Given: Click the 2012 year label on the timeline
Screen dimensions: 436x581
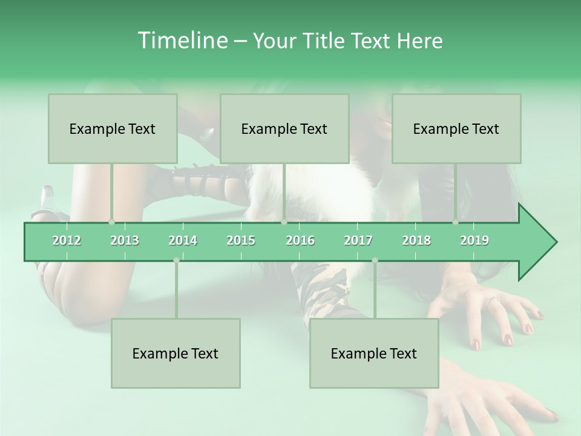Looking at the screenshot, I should tap(67, 240).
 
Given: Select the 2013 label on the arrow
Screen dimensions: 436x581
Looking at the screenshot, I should tap(125, 240).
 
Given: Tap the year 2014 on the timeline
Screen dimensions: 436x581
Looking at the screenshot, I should tap(183, 240).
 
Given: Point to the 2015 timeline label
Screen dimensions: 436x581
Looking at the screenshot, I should tap(241, 240).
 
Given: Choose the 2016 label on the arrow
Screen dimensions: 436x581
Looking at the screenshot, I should tap(300, 240).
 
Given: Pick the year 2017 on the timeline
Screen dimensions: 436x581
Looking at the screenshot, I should tap(358, 240).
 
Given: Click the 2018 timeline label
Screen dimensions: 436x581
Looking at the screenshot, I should tap(416, 240).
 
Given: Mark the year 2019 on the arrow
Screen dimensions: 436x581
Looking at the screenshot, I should tap(474, 240).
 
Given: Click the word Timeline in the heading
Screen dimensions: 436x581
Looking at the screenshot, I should tap(182, 41).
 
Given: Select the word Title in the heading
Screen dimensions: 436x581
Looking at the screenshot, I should tap(324, 41).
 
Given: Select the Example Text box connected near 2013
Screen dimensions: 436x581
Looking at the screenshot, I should tap(113, 128).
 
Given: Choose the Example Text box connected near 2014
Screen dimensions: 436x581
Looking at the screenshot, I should tap(176, 353).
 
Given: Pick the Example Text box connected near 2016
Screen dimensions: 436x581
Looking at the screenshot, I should tap(284, 128).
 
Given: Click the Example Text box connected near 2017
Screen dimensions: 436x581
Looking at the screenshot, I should tap(374, 353).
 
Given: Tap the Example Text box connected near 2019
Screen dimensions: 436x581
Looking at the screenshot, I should tap(456, 128).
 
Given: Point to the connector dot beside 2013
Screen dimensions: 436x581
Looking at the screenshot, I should tap(111, 222).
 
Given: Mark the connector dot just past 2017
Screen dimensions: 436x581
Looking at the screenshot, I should tap(375, 260).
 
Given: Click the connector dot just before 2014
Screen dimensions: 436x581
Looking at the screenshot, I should tap(176, 260).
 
